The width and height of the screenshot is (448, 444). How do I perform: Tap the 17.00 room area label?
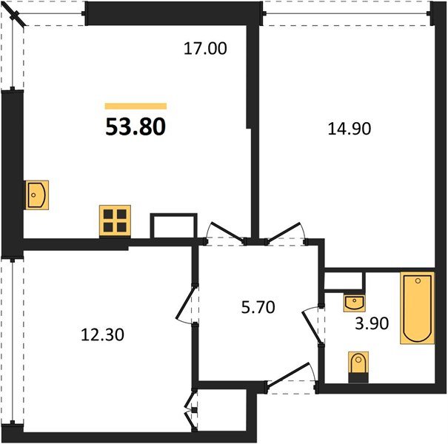click(204, 50)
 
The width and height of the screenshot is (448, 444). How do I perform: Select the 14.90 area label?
click(349, 127)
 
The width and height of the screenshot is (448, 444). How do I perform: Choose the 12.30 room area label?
click(102, 334)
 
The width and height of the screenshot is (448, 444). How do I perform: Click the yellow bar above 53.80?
click(136, 107)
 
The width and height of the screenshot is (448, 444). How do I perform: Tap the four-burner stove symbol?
click(115, 220)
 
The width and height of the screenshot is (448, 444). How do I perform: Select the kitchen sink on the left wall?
click(36, 195)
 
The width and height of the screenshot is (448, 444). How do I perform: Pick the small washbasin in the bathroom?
click(355, 302)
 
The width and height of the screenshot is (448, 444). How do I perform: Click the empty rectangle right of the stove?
click(174, 226)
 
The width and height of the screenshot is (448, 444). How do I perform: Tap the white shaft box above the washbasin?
click(345, 281)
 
